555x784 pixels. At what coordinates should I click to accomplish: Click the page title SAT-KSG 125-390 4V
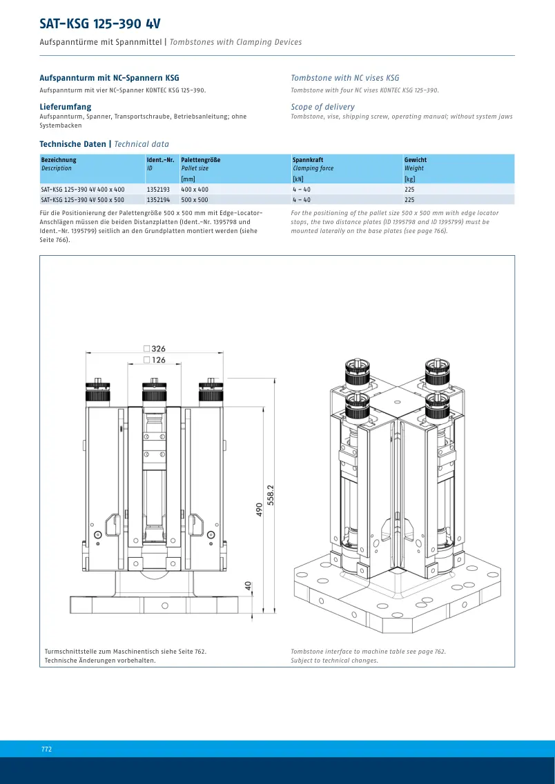click(100, 24)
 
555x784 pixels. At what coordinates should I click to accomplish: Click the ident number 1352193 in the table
click(158, 190)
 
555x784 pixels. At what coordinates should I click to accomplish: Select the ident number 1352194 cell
click(158, 199)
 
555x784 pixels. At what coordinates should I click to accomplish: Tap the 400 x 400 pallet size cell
click(195, 190)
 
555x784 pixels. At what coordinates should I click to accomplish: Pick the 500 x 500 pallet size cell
click(195, 199)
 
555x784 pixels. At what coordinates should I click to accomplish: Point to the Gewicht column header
click(416, 160)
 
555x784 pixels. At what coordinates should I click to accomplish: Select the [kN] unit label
click(298, 179)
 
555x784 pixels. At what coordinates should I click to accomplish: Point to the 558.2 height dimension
click(271, 496)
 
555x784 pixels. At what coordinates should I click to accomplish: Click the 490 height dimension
click(260, 510)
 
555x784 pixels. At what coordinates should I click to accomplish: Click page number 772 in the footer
click(46, 749)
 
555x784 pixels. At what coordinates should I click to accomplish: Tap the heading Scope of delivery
click(323, 106)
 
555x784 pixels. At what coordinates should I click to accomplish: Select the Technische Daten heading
click(72, 144)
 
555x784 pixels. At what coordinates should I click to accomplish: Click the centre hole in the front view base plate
click(165, 606)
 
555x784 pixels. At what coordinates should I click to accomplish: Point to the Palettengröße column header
click(201, 160)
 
